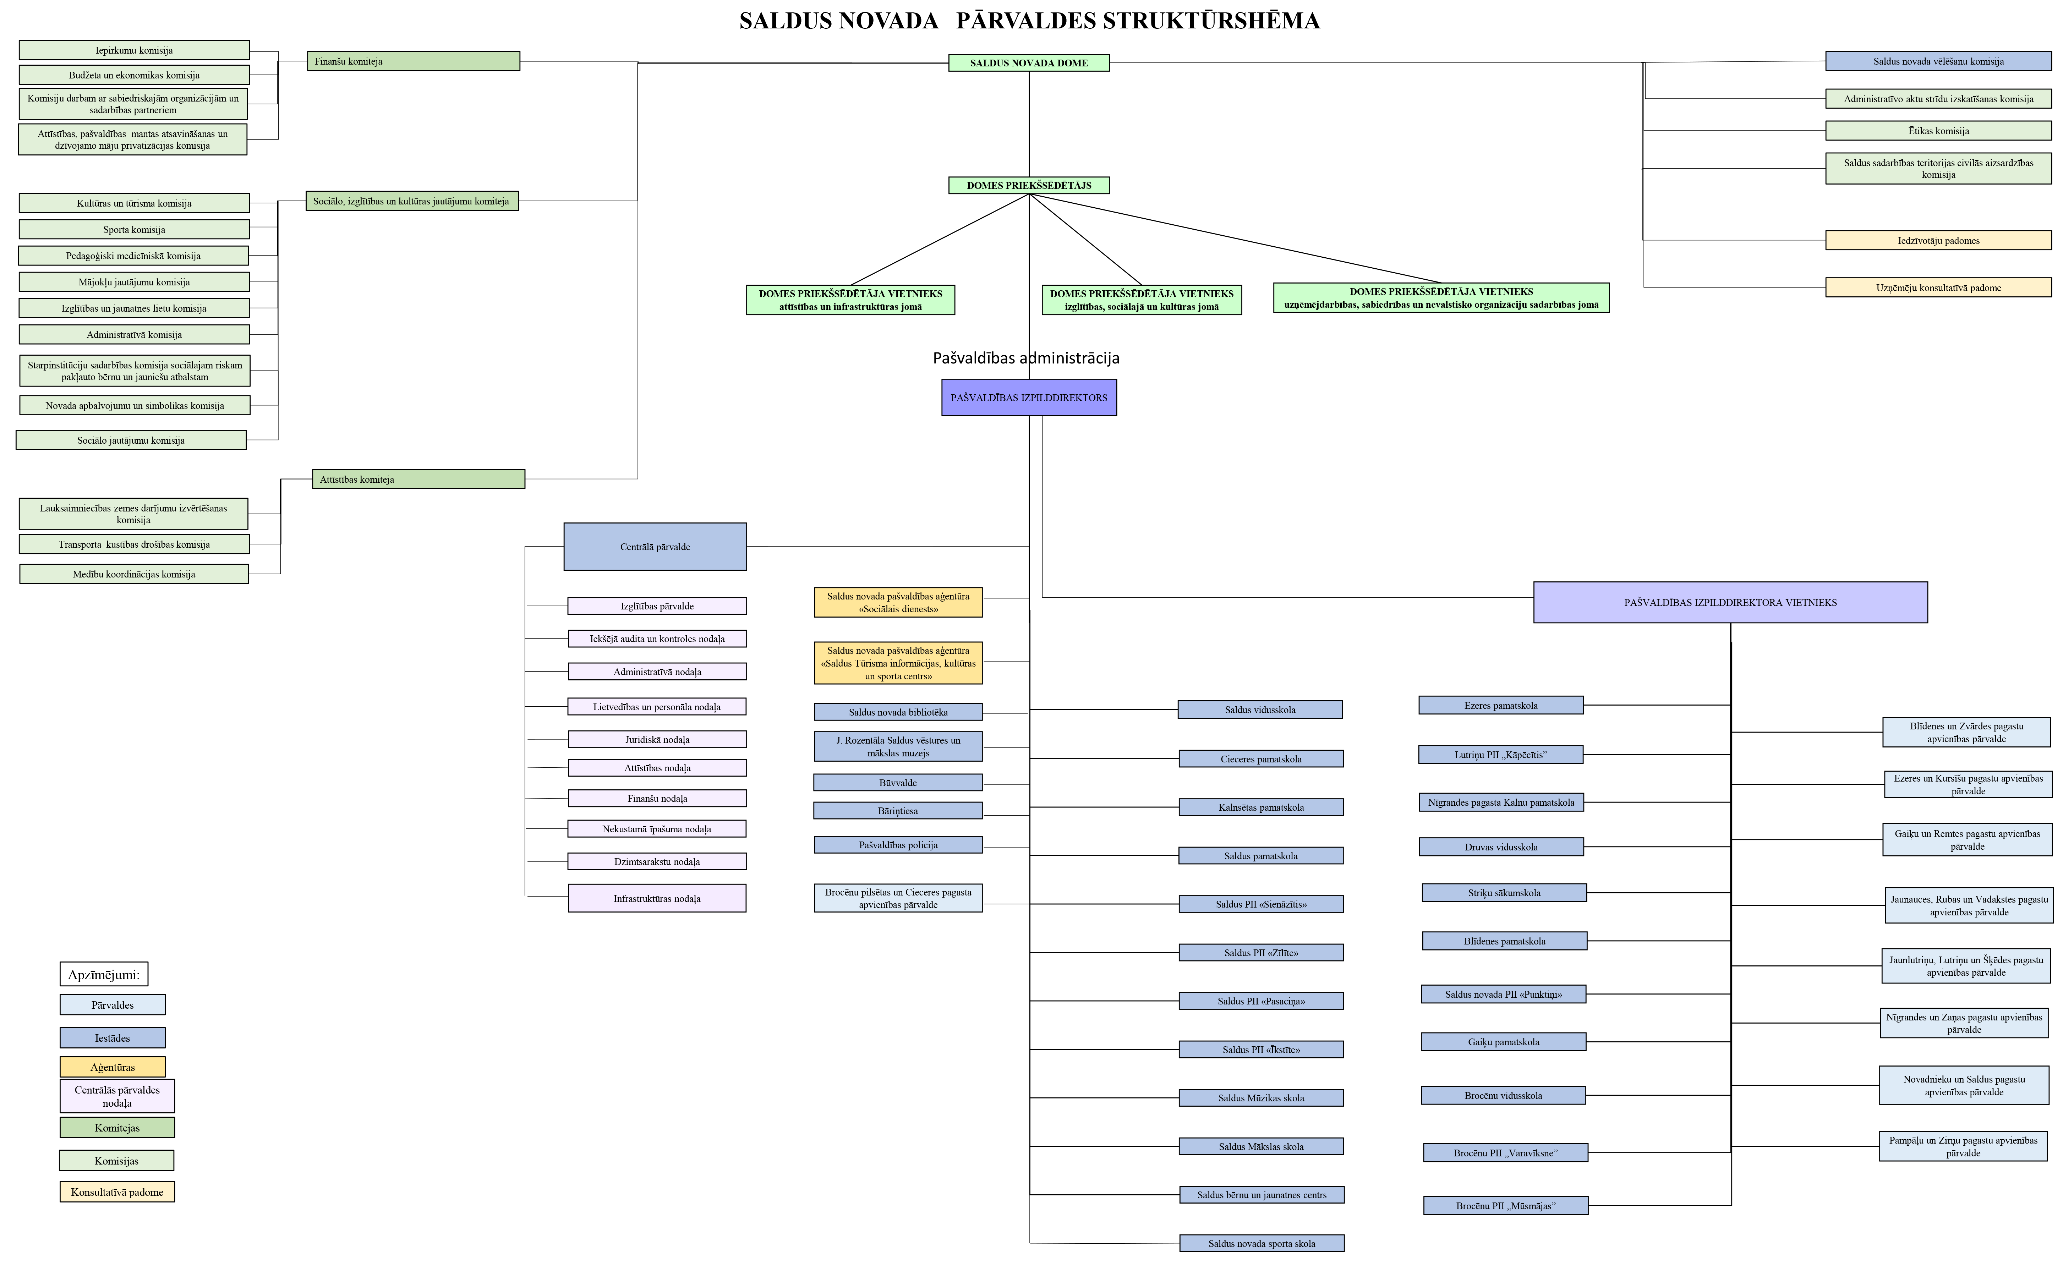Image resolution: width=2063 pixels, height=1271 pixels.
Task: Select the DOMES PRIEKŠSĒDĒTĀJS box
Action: coord(1029,185)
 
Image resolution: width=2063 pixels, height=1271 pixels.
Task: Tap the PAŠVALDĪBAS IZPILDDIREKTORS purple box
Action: coord(1029,398)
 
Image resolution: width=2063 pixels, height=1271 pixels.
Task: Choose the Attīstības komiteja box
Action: coord(418,479)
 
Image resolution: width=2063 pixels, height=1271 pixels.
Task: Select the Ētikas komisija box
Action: coord(1938,130)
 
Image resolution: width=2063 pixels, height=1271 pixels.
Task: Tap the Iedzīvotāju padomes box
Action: coord(1938,240)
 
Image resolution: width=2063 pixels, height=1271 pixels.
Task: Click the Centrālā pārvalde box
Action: coord(655,546)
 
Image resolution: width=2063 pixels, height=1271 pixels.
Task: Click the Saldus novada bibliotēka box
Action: coord(898,712)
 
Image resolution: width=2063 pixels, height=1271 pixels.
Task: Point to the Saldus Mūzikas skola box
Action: coord(1261,1098)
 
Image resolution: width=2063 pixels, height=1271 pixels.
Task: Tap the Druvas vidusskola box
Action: coord(1501,847)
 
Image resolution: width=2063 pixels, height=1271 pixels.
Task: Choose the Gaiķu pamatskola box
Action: coord(1504,1041)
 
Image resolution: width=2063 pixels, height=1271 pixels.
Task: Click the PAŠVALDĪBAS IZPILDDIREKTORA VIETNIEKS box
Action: coord(1730,602)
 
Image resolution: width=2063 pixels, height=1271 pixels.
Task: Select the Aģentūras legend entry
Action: coord(113,1067)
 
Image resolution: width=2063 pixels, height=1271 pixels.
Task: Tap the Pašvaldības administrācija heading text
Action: coord(1027,358)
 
